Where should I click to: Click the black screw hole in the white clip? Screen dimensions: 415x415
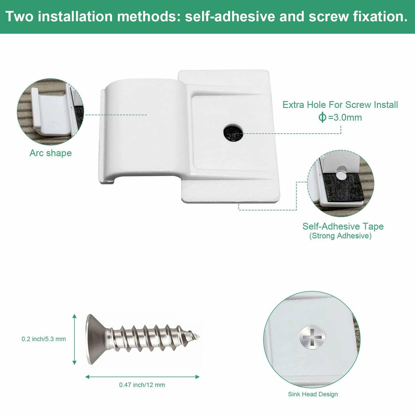click(233, 133)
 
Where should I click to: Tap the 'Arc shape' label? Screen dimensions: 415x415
click(51, 153)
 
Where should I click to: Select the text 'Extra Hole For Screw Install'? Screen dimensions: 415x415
click(340, 105)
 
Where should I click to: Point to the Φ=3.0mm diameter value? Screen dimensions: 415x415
click(340, 117)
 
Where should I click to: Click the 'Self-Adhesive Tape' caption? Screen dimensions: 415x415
click(343, 226)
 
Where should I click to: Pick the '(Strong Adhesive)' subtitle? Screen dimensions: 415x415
click(340, 236)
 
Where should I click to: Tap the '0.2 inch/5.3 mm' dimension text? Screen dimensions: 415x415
click(44, 339)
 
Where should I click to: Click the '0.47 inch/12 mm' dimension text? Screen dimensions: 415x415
click(142, 385)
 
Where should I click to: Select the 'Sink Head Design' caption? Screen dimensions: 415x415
click(313, 394)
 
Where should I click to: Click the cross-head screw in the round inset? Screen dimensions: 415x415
click(312, 337)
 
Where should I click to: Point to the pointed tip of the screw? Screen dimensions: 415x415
click(199, 337)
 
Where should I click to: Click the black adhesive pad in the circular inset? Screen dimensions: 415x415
click(339, 186)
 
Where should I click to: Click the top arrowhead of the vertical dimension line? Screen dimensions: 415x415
click(75, 316)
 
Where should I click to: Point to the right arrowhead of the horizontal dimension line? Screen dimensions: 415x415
click(197, 376)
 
